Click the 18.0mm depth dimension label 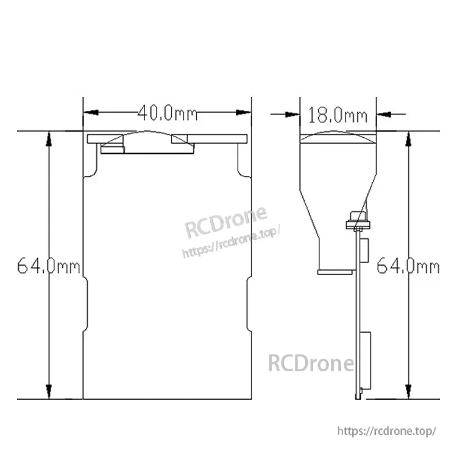pos(338,114)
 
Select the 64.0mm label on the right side pos(408,266)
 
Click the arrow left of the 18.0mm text pos(292,113)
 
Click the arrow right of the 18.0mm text pos(384,113)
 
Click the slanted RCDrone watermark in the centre pos(225,222)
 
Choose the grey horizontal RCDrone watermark pos(311,364)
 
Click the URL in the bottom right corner pos(386,431)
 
